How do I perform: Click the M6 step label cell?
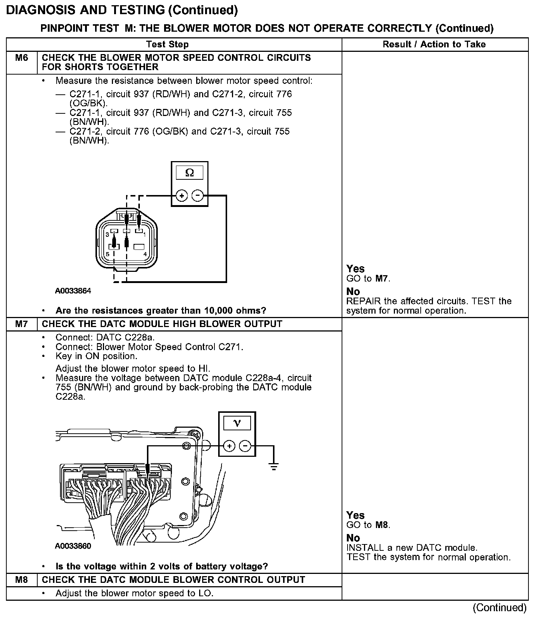tap(22, 58)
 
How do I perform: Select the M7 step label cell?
tap(22, 324)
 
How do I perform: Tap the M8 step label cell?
tap(22, 580)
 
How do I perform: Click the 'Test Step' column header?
tap(167, 44)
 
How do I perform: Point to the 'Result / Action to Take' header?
tap(434, 44)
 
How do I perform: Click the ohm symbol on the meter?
tap(189, 173)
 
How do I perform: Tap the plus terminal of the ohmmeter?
tap(182, 195)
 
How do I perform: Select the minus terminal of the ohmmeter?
tap(198, 195)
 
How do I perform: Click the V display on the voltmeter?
tap(237, 423)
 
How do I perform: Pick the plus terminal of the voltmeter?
tap(229, 446)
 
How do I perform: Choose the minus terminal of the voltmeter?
tap(245, 446)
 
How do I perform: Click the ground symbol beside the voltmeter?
tap(274, 466)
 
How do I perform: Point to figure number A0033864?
tap(73, 291)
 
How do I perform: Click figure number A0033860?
tap(73, 546)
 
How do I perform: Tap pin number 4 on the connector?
tap(145, 254)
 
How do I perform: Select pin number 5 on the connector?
tap(107, 254)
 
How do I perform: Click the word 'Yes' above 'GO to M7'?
tap(355, 269)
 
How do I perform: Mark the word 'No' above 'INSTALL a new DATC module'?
tap(353, 538)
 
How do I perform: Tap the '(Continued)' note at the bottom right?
tap(499, 608)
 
